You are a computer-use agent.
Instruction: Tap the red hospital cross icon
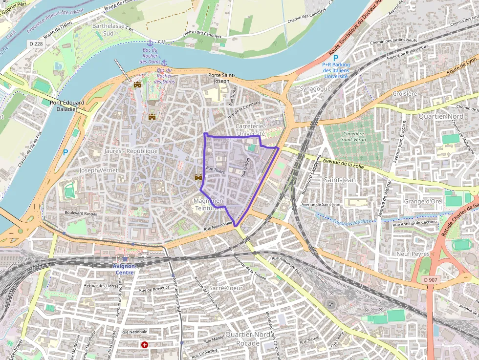pos(145,344)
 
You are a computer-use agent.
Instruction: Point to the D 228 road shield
pos(36,44)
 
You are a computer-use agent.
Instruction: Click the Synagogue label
pos(315,88)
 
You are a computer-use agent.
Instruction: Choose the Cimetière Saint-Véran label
pos(353,137)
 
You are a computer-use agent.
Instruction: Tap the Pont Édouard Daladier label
pos(67,106)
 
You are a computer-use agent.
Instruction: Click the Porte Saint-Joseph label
pos(221,78)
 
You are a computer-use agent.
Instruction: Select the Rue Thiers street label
pos(216,170)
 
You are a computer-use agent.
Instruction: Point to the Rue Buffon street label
pos(247,167)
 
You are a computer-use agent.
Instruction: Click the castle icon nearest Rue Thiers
pos(198,177)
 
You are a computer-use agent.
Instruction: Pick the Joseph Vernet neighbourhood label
pos(99,170)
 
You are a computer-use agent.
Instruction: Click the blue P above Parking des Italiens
pos(335,58)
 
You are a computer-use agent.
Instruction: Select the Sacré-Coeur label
pos(226,288)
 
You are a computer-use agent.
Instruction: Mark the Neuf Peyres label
pos(413,254)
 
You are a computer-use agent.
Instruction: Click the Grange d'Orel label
pos(423,201)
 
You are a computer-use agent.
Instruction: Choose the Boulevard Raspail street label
pos(81,213)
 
